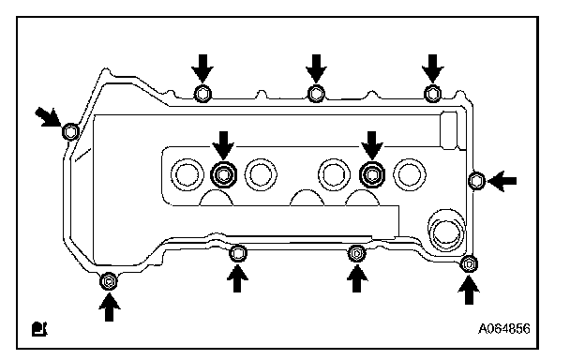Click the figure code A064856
[503, 329]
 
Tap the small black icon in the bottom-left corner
[39, 329]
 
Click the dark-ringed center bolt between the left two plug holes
[223, 174]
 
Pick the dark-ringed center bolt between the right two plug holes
[371, 174]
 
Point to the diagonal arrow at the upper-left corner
[48, 117]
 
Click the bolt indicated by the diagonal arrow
[70, 131]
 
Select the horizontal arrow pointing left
[502, 181]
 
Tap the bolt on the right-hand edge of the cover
[476, 180]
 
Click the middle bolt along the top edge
[316, 94]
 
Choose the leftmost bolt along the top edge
[202, 94]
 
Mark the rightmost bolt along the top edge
[432, 94]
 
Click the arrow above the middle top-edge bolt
[316, 68]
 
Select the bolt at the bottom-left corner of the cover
[109, 281]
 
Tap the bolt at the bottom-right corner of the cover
[469, 264]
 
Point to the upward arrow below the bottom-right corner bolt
[469, 290]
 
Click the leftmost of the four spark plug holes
[187, 174]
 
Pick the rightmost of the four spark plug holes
[410, 174]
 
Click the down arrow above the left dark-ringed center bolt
[223, 145]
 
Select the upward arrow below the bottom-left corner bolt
[109, 307]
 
